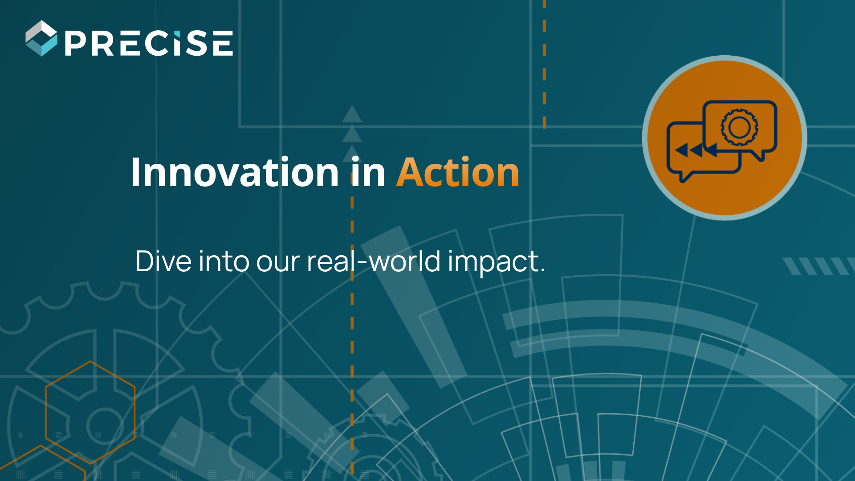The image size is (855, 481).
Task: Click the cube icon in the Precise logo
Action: click(x=41, y=38)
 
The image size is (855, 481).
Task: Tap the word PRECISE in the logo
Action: click(x=149, y=43)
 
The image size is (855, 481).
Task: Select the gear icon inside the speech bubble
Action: click(x=740, y=128)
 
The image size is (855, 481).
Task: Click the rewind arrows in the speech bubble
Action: click(x=696, y=150)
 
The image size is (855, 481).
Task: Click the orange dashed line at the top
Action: click(x=544, y=64)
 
